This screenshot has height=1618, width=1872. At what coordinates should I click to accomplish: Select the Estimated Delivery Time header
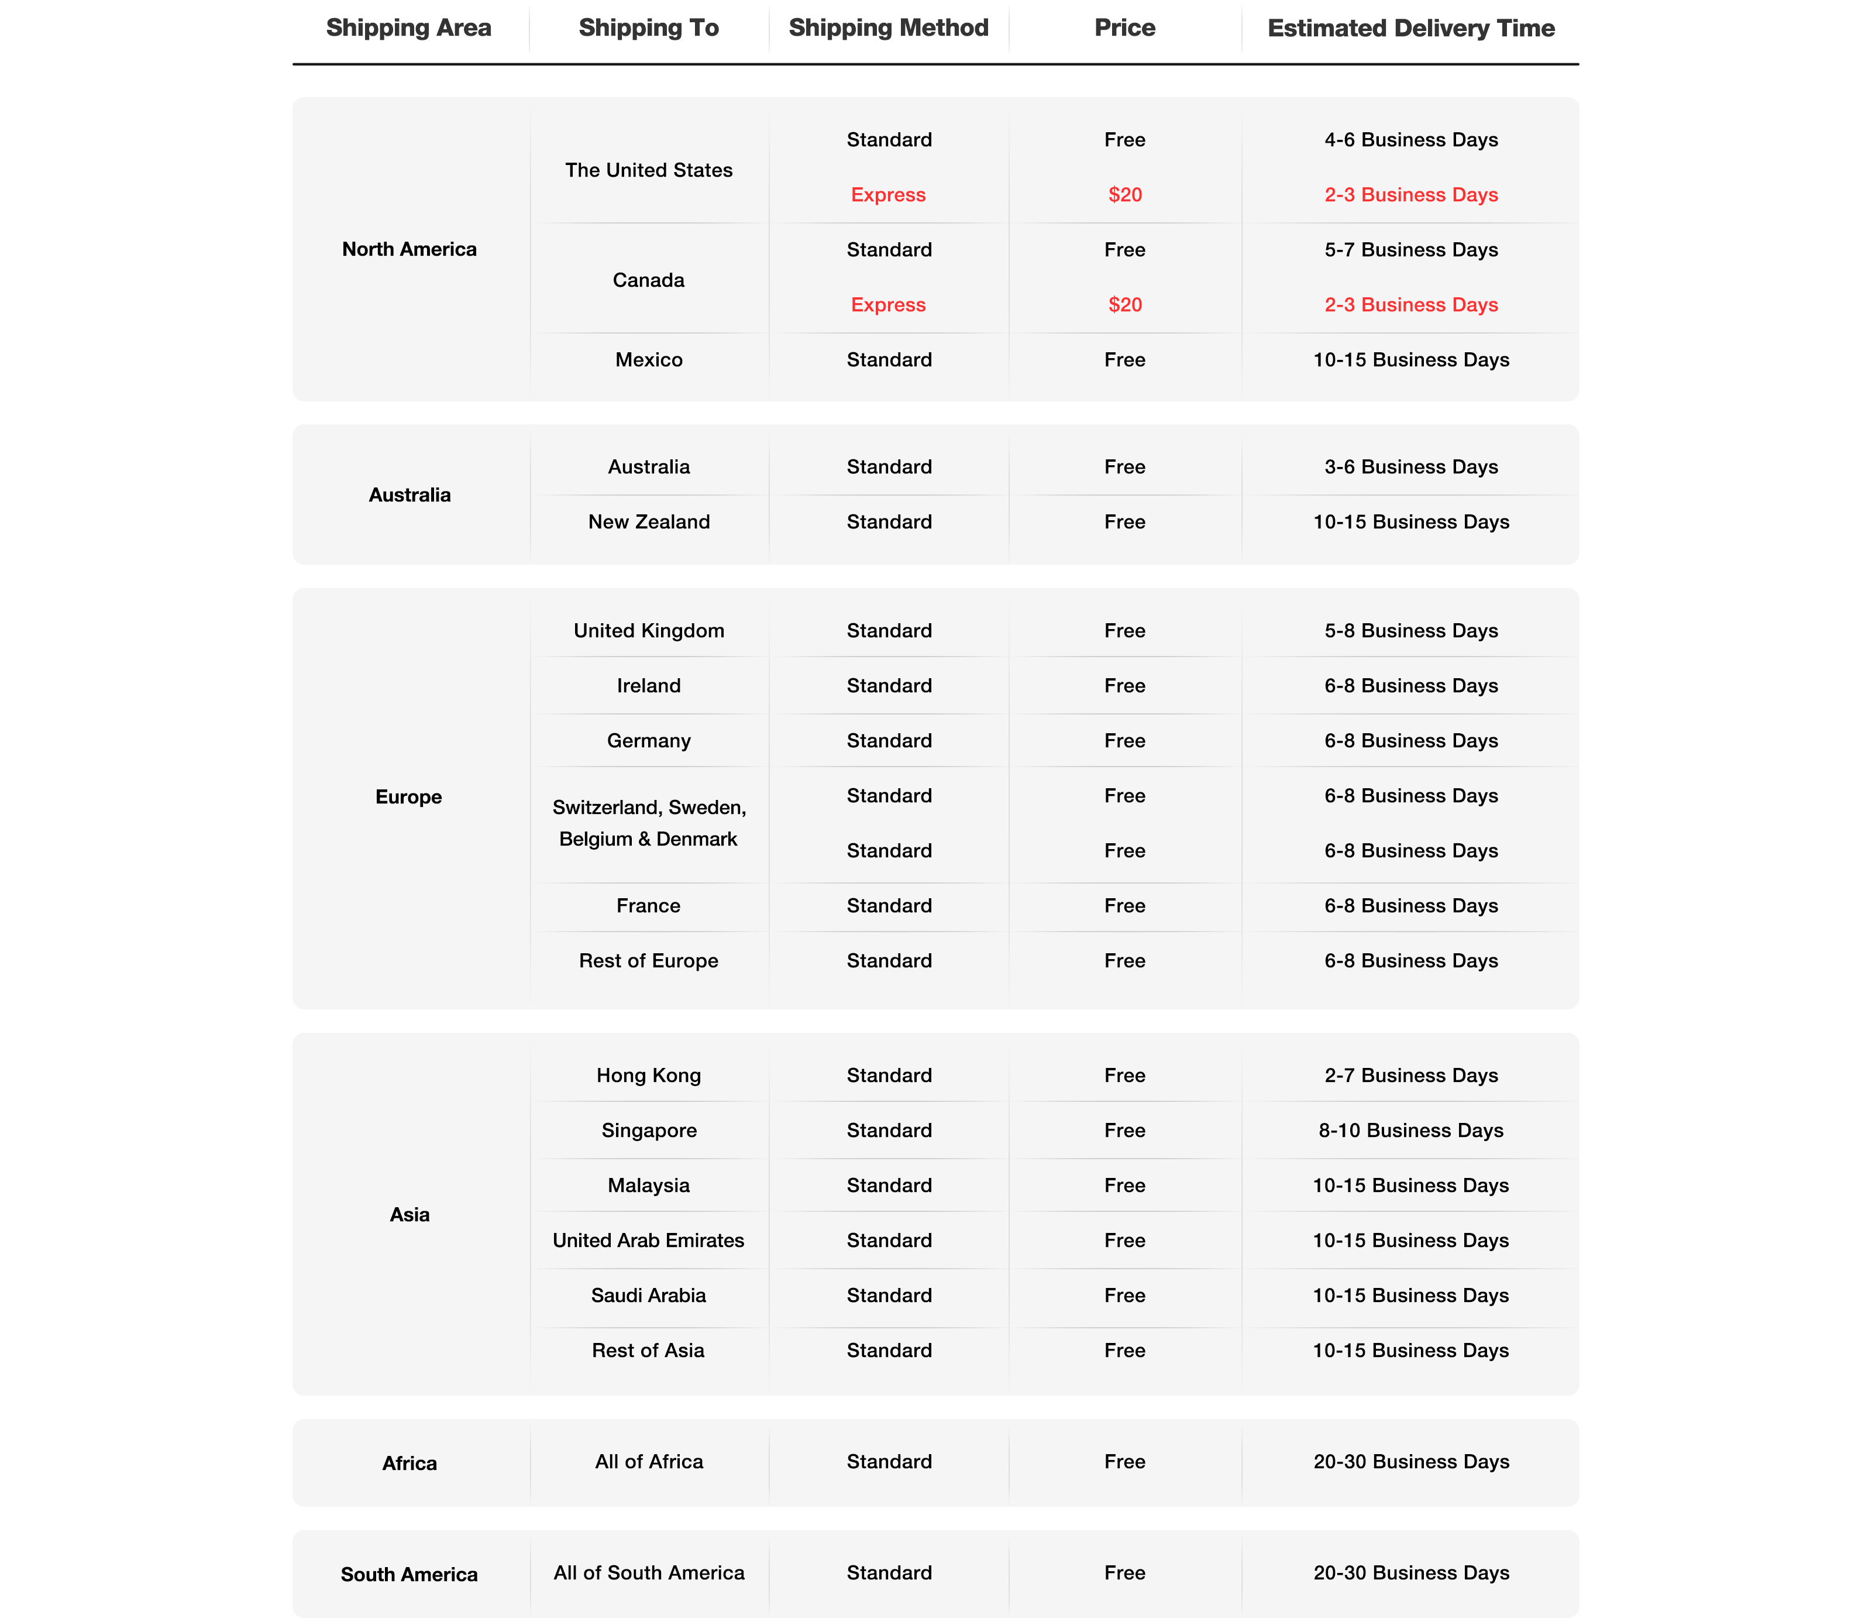point(1410,28)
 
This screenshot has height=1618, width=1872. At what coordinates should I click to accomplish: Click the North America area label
point(409,249)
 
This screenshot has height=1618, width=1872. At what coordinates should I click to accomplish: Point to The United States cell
point(649,170)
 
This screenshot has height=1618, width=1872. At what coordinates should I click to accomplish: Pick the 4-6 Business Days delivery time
point(1410,139)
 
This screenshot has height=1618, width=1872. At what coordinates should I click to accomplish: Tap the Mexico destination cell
point(649,360)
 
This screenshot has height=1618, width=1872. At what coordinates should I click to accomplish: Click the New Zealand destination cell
point(649,521)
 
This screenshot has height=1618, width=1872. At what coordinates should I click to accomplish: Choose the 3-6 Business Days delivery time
point(1410,466)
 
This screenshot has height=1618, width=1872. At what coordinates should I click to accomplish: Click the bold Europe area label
point(408,796)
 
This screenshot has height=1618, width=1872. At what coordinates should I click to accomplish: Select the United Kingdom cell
point(649,631)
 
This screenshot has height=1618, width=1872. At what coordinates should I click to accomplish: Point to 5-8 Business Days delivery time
point(1410,631)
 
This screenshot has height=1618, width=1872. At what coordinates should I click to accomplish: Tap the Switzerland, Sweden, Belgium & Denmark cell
point(649,823)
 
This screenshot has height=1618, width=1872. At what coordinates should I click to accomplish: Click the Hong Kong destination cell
point(649,1076)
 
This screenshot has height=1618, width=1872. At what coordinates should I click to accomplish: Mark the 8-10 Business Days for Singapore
point(1410,1130)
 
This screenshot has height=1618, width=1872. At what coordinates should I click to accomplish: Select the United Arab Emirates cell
point(649,1240)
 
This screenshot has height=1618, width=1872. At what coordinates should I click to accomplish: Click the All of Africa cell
point(649,1462)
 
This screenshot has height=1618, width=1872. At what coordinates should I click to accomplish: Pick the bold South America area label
point(409,1575)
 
